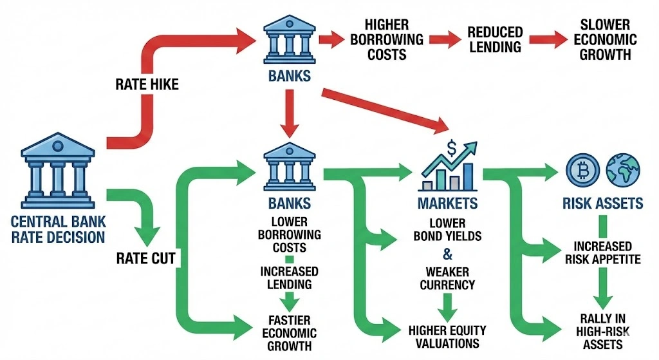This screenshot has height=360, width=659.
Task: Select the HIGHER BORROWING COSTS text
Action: point(386,39)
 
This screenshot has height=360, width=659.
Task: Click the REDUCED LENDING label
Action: point(494,39)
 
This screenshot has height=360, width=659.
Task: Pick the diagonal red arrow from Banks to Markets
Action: point(387,107)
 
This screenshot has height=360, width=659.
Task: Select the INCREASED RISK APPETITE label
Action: point(600,252)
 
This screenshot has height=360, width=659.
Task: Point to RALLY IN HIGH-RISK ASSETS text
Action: point(600,330)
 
